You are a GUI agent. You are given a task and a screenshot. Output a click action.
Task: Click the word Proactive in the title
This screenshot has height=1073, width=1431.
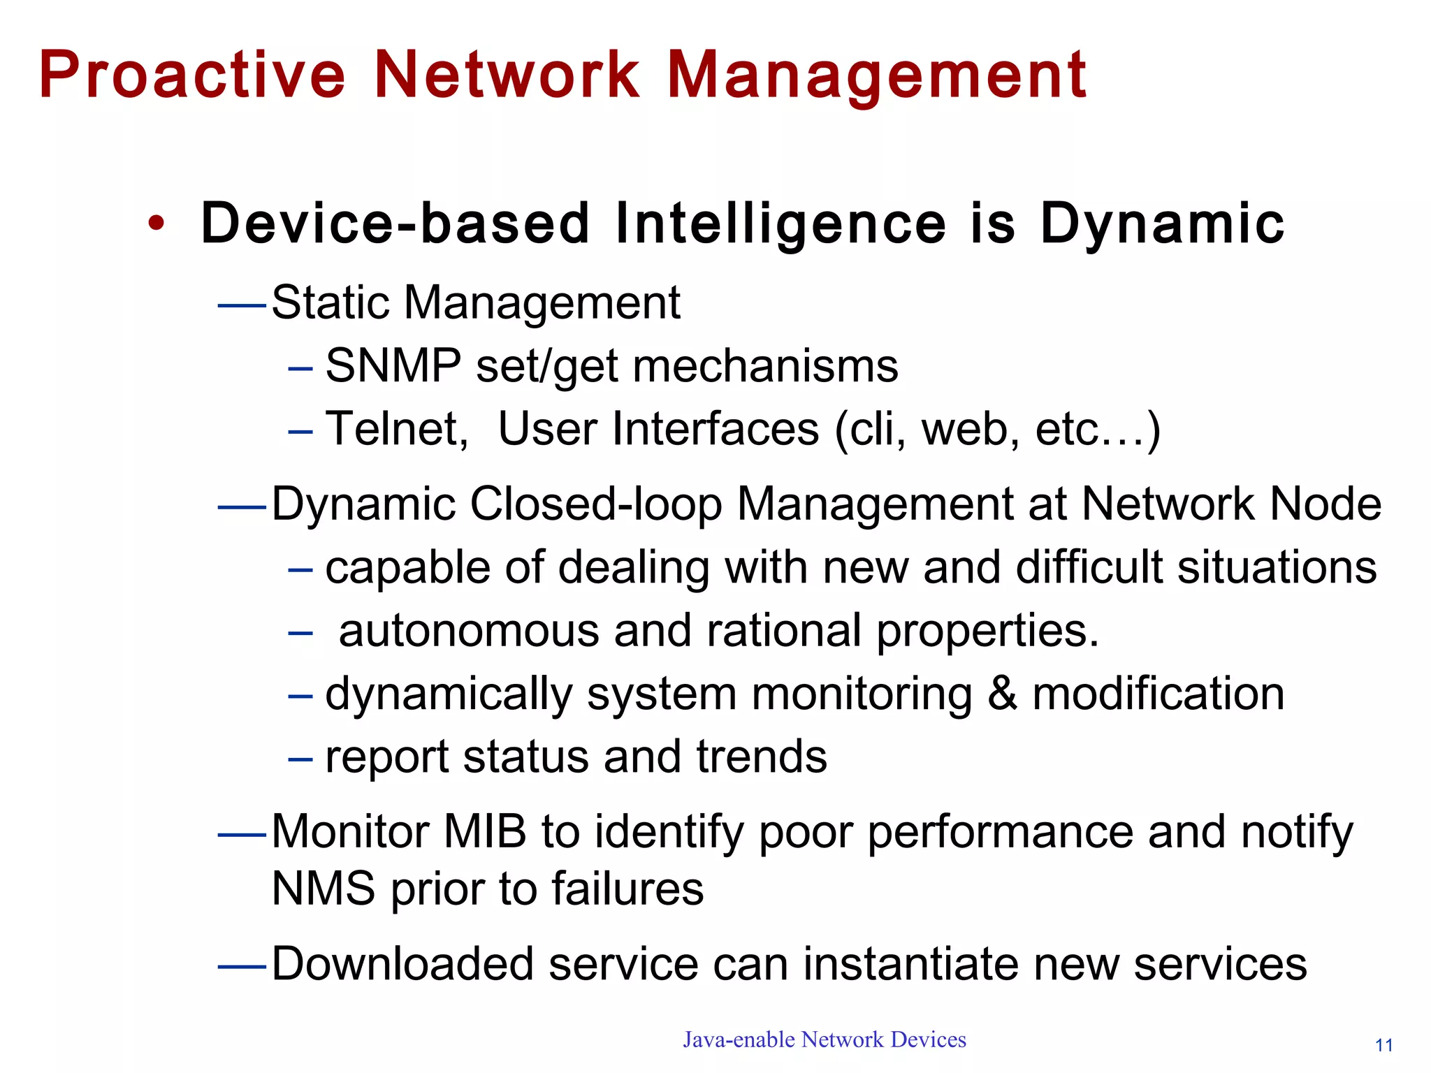coord(192,75)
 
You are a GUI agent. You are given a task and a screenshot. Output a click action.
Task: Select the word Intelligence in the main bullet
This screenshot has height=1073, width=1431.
coord(780,224)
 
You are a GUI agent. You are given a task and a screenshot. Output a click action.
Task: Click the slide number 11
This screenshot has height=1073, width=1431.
coord(1383,1046)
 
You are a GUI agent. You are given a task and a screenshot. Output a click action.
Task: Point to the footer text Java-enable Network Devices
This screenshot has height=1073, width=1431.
coord(825,1039)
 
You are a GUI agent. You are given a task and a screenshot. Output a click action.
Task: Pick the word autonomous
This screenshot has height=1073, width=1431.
coord(469,630)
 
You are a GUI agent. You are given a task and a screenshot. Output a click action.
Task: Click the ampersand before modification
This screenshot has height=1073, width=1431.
coord(1002,694)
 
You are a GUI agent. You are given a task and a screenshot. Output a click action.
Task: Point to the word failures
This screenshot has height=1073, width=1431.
coord(627,889)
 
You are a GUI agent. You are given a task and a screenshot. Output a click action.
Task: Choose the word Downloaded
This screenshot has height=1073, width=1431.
coord(402,964)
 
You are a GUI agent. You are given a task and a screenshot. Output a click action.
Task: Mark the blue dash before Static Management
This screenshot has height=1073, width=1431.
coord(242,305)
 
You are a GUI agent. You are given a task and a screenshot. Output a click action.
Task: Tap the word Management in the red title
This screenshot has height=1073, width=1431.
coord(877,75)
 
